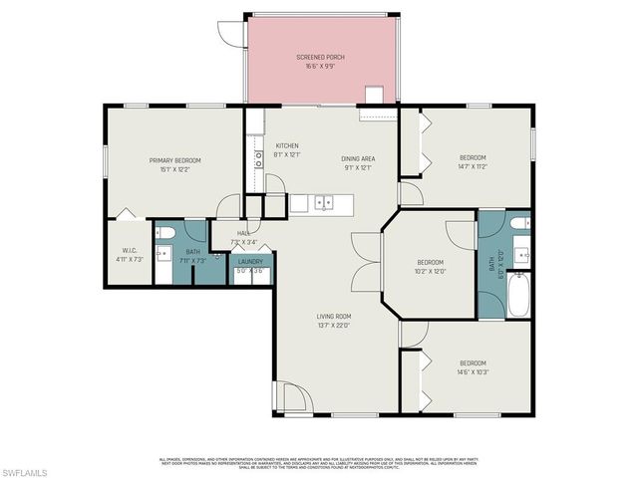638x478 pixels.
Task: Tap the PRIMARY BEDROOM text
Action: click(175, 160)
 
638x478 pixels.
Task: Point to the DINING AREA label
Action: click(358, 158)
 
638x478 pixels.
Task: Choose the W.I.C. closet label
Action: click(130, 251)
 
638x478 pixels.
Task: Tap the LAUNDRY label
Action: click(249, 261)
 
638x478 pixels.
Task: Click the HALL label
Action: click(243, 234)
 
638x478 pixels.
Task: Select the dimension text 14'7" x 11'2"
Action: click(473, 167)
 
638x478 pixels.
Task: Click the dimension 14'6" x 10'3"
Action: click(473, 371)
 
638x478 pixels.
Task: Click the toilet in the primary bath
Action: click(166, 233)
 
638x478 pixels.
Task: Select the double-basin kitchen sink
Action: click(323, 203)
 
